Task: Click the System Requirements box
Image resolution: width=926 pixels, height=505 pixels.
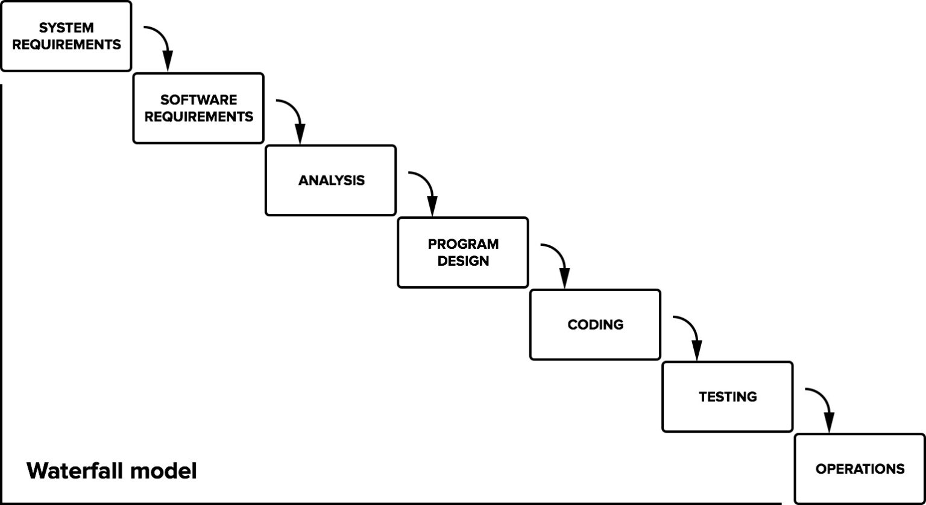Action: [66, 36]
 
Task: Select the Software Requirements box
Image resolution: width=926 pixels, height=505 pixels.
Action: [198, 108]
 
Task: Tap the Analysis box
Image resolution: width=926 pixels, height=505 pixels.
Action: [331, 180]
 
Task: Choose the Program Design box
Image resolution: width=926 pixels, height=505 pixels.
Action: [463, 252]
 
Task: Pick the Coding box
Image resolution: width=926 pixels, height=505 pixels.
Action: [595, 325]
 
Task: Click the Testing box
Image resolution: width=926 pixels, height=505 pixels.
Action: [728, 397]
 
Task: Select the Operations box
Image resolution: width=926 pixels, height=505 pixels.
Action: [860, 469]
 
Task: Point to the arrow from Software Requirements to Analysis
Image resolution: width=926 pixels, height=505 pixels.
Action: [294, 114]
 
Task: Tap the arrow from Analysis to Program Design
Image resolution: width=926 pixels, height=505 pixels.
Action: [426, 187]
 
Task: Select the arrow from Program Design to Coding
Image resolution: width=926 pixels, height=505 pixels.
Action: [559, 259]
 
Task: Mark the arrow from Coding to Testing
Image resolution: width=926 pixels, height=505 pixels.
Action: [691, 331]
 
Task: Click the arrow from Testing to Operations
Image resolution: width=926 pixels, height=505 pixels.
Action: [824, 404]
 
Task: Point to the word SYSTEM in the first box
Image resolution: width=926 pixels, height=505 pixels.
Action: [66, 28]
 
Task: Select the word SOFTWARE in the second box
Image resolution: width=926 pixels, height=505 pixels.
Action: [199, 100]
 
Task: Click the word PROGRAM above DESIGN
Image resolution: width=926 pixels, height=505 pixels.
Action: [463, 245]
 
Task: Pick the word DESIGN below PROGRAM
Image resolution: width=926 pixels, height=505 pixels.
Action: [463, 261]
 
